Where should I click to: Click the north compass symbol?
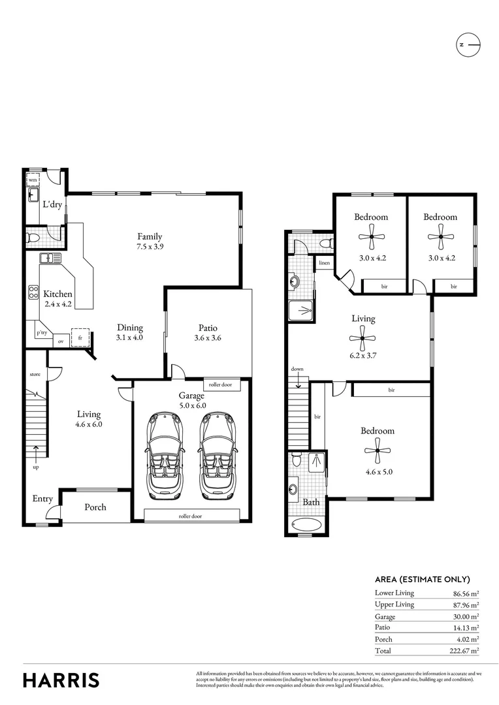pyautogui.click(x=468, y=44)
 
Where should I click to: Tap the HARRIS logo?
pyautogui.click(x=61, y=680)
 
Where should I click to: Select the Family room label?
pyautogui.click(x=150, y=236)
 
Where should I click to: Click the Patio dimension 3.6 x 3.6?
pyautogui.click(x=208, y=338)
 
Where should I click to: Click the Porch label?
pyautogui.click(x=95, y=507)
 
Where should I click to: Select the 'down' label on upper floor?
pyautogui.click(x=297, y=369)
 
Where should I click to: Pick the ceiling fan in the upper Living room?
pyautogui.click(x=363, y=337)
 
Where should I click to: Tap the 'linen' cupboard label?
pyautogui.click(x=324, y=263)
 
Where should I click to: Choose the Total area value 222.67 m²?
pyautogui.click(x=466, y=651)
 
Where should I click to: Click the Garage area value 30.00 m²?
pyautogui.click(x=466, y=616)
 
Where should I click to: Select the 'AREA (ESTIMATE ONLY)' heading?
pyautogui.click(x=422, y=579)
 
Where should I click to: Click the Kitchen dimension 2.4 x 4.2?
pyautogui.click(x=58, y=304)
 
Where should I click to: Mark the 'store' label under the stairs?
pyautogui.click(x=35, y=375)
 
